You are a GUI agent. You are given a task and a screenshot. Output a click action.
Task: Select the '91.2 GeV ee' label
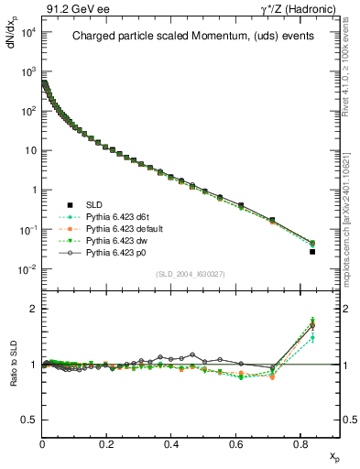[75, 8]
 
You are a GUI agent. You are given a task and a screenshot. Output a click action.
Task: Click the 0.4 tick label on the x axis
[171, 443]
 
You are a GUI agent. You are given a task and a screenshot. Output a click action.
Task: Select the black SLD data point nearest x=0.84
[312, 252]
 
